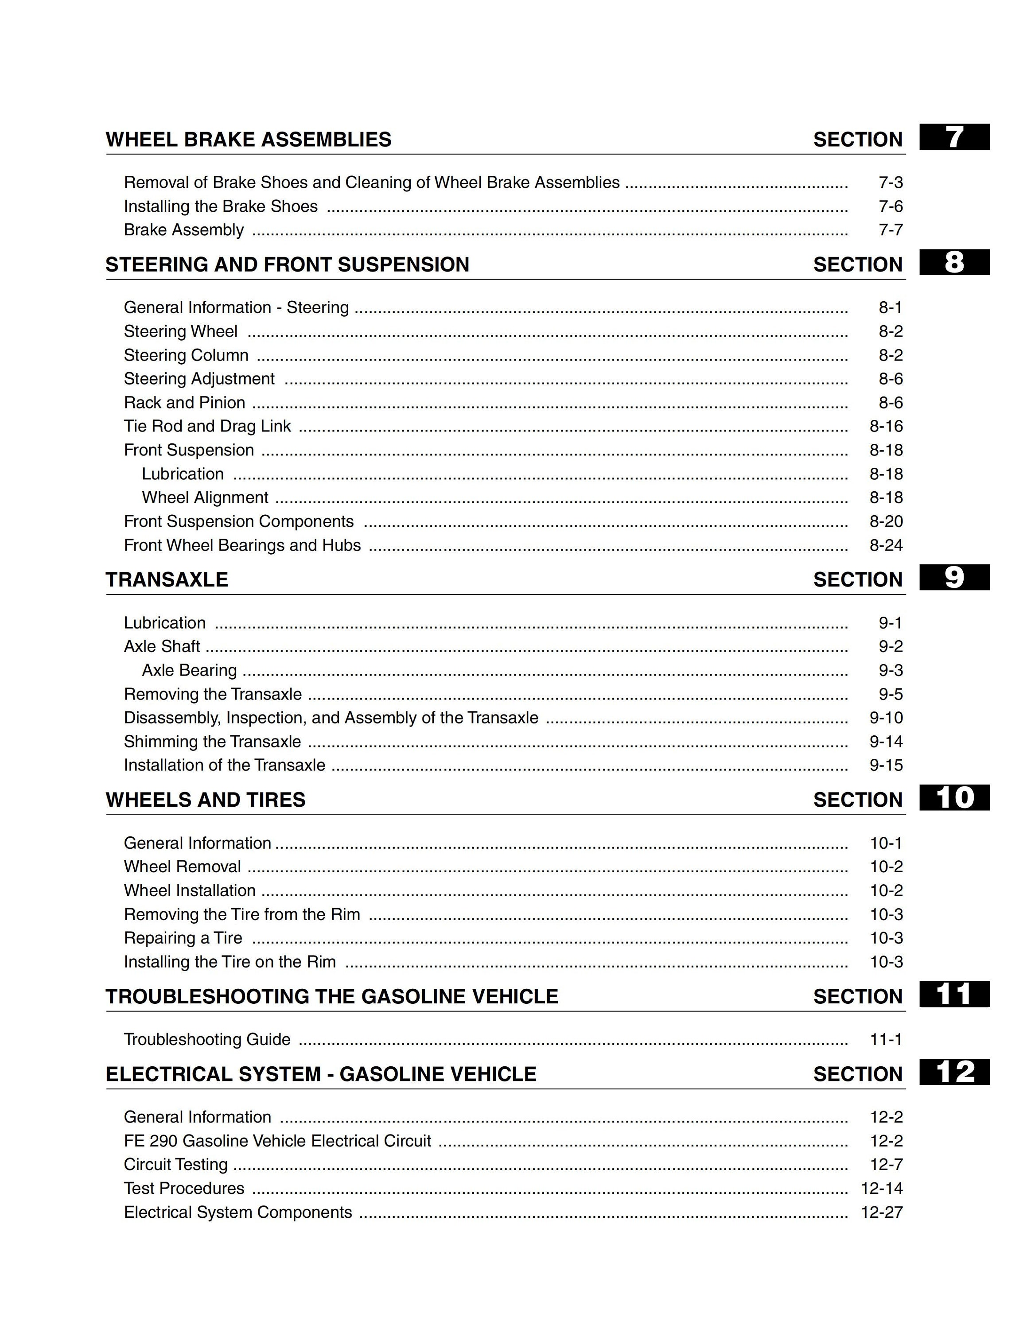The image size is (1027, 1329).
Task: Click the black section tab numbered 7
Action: [x=954, y=137]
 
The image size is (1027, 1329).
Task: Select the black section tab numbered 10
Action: [x=954, y=798]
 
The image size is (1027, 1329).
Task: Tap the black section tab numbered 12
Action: [x=954, y=1072]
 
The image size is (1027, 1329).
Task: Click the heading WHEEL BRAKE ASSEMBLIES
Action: [x=248, y=140]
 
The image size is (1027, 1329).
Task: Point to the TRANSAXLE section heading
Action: [x=167, y=579]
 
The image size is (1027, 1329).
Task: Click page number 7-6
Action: [x=890, y=206]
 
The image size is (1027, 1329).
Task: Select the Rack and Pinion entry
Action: [x=184, y=403]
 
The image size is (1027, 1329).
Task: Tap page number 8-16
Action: [x=886, y=426]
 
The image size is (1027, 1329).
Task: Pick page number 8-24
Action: [x=886, y=545]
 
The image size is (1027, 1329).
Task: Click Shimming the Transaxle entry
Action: [x=212, y=742]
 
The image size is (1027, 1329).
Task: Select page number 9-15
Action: [x=886, y=765]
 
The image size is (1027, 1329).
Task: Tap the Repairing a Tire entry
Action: [x=183, y=938]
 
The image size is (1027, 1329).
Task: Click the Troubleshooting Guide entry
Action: [x=207, y=1039]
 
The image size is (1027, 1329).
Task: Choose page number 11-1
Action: [x=886, y=1039]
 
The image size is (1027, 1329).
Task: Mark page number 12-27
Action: [x=882, y=1212]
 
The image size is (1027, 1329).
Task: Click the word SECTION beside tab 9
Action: [x=858, y=580]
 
